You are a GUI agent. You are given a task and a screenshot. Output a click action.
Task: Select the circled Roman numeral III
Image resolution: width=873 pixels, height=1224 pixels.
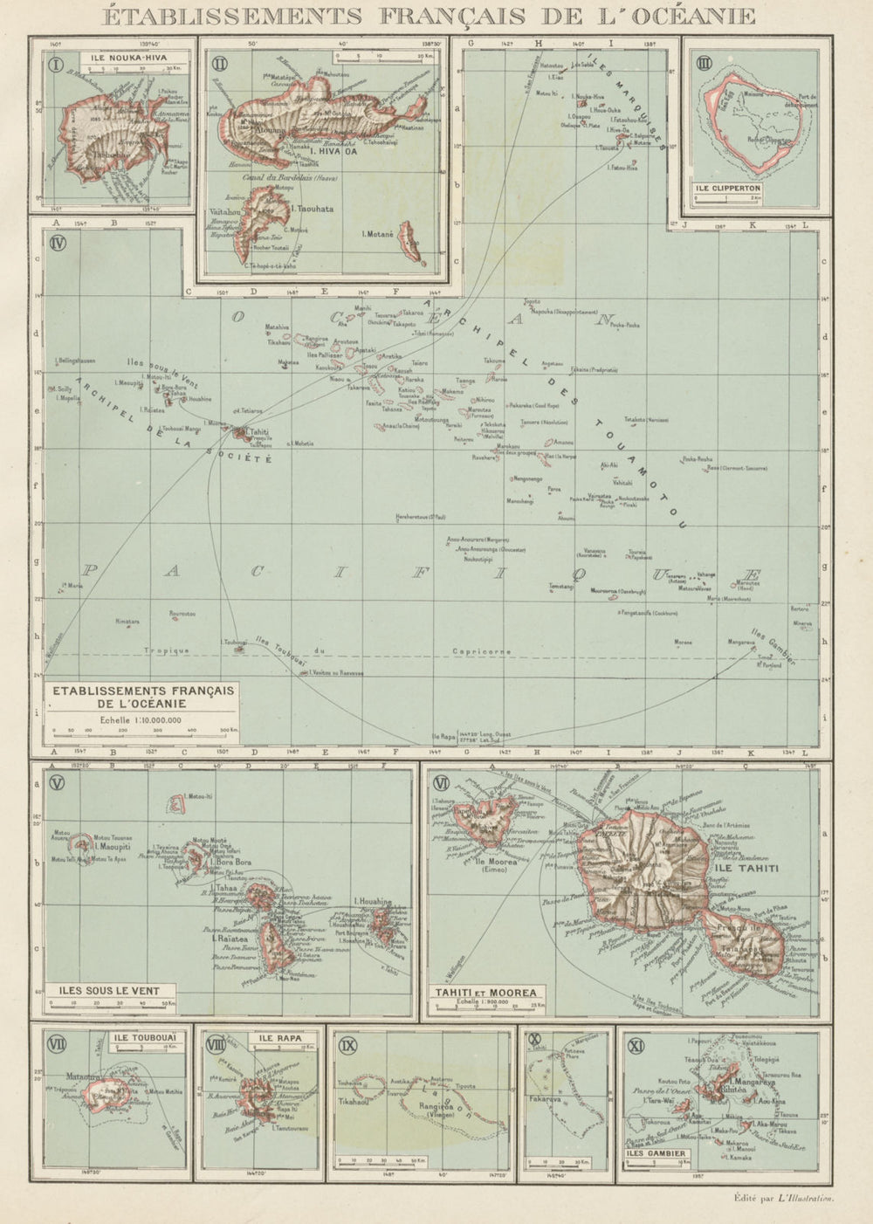coord(701,61)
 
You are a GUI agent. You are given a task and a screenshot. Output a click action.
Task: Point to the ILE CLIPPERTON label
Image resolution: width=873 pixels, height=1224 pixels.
coord(729,188)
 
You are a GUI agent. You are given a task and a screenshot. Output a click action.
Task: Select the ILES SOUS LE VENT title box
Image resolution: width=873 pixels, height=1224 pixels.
coord(113,990)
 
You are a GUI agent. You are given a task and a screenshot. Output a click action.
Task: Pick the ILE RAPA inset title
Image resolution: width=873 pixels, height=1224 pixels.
coord(279,1037)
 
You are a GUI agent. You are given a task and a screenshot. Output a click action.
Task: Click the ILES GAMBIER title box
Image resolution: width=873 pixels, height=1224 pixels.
coord(655,1152)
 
